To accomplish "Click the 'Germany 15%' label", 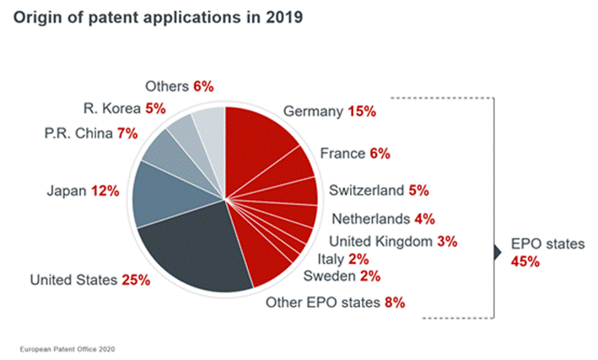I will pos(329,111).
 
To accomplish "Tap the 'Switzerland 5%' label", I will pos(371,190).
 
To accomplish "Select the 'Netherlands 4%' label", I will pos(383,219).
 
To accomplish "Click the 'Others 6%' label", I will pos(179,86).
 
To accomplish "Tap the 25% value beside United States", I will pos(135,280).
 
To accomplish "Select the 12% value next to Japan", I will pos(107,192).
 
